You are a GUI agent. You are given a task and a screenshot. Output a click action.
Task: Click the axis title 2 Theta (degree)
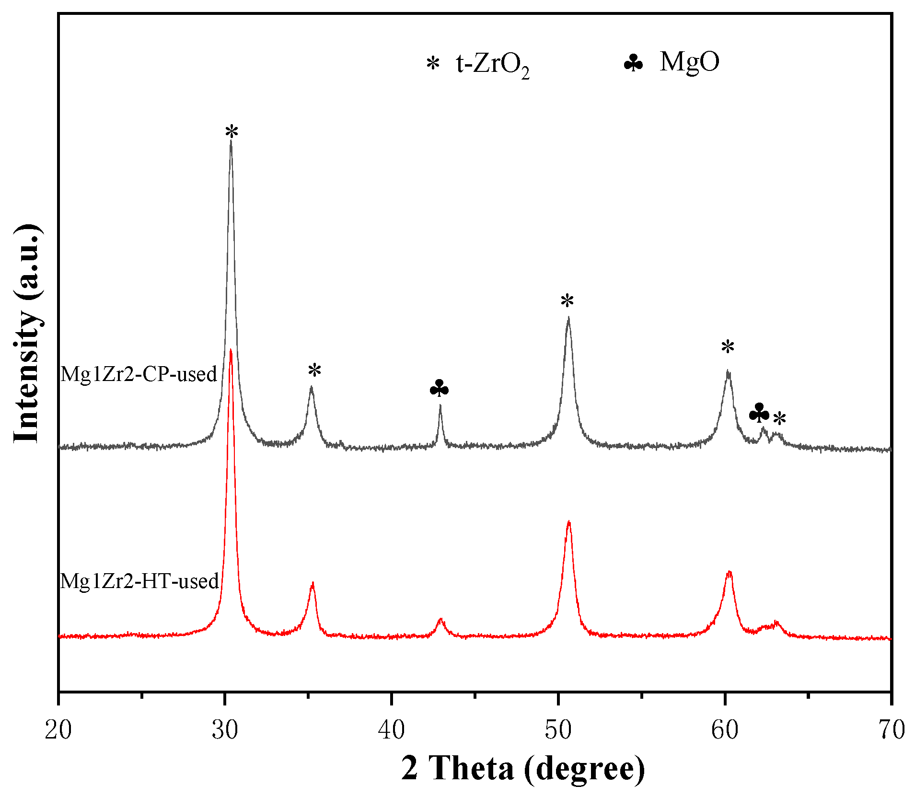(x=523, y=768)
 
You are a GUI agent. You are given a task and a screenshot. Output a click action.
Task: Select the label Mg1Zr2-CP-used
(x=139, y=374)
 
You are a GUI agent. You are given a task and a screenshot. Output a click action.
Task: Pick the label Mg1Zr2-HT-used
(x=139, y=581)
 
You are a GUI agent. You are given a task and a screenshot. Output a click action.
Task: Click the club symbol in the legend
(x=633, y=63)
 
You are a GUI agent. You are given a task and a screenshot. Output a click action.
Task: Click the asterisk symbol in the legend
(x=433, y=63)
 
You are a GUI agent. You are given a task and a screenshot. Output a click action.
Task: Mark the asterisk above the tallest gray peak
(x=232, y=131)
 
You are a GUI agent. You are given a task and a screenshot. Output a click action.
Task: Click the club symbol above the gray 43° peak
(x=439, y=389)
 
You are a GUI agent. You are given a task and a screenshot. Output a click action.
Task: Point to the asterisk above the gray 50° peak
(x=567, y=301)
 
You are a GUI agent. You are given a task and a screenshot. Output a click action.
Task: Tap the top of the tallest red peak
(x=231, y=350)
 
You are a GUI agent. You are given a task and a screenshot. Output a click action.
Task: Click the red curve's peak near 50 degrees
(x=568, y=522)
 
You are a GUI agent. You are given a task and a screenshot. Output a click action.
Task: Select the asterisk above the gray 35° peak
(x=314, y=370)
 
